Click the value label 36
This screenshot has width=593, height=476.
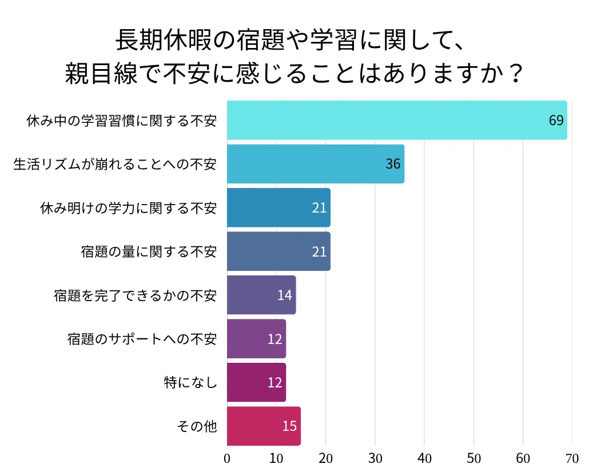[x=393, y=164]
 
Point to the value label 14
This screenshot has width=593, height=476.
[x=284, y=295]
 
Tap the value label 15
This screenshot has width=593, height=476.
[x=289, y=426]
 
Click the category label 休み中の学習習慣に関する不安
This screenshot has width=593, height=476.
[x=122, y=121]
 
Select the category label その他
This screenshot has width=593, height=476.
[x=197, y=426]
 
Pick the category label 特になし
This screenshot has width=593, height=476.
[x=190, y=382]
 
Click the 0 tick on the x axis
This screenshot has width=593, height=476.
[x=227, y=459]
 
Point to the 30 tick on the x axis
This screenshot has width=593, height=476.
[x=375, y=459]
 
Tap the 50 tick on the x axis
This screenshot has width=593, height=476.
[x=473, y=459]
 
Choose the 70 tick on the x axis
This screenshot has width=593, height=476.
[x=572, y=459]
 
